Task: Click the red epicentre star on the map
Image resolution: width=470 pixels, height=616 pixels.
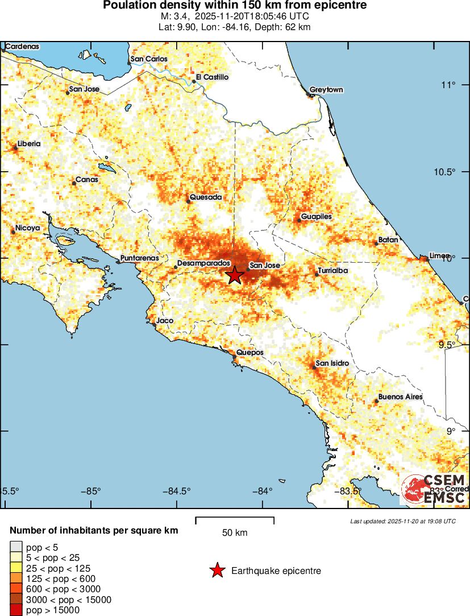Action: tap(235, 275)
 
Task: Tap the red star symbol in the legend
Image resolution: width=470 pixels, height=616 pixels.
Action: tap(217, 570)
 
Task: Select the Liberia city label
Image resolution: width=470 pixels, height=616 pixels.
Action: tap(29, 144)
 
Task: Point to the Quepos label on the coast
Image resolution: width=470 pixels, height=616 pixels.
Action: tap(250, 353)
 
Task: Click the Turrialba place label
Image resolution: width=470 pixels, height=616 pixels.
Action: tap(333, 271)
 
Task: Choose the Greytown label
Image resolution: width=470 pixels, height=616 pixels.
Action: tap(326, 90)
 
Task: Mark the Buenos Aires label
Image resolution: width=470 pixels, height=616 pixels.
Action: tap(400, 396)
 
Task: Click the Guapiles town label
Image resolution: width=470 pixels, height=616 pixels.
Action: tap(316, 217)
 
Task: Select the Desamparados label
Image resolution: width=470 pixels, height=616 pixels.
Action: tap(203, 264)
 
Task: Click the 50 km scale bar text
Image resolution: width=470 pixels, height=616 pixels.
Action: tap(235, 533)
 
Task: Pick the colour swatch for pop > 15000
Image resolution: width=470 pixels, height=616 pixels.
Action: tap(15, 610)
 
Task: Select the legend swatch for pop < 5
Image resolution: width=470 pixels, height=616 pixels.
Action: tap(15, 547)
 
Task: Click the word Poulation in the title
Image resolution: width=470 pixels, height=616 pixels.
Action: tap(129, 6)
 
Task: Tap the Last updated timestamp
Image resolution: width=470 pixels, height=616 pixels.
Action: tap(403, 521)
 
